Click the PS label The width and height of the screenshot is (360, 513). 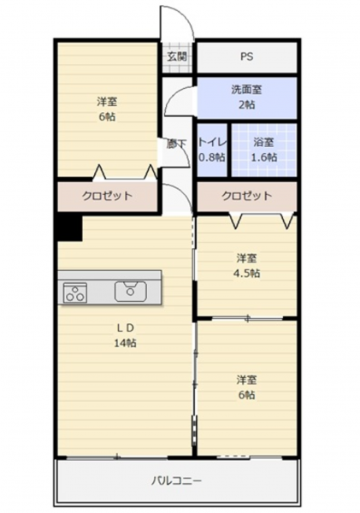247,56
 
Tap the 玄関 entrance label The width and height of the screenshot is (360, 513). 177,56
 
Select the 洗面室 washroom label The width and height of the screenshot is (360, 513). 246,90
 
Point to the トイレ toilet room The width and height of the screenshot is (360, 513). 212,150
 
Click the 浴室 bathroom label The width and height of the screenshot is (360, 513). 263,142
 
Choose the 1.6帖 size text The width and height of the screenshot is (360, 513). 263,157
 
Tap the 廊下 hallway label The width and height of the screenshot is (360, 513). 177,144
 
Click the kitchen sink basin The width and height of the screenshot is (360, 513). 131,292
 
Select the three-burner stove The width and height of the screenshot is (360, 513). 75,292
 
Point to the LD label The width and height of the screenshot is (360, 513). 126,328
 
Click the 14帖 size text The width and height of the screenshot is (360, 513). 126,343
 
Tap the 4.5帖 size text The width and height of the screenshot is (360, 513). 246,274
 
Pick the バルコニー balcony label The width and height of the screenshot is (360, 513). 176,481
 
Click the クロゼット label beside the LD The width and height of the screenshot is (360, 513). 107,196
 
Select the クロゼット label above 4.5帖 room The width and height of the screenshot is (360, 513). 247,196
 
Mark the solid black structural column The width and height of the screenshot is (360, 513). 69,227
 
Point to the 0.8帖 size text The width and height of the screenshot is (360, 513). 212,157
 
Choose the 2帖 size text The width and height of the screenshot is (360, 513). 246,104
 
